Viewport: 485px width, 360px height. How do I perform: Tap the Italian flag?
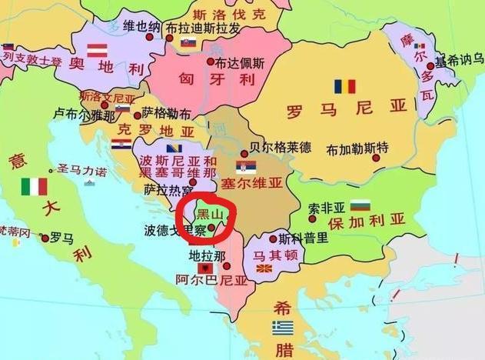[34, 186]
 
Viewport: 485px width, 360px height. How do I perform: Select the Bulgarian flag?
[360, 205]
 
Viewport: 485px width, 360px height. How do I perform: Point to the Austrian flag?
[96, 51]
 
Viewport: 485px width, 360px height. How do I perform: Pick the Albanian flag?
[206, 267]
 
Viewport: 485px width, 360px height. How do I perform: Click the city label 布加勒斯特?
[357, 148]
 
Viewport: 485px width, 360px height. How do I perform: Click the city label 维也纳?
[142, 25]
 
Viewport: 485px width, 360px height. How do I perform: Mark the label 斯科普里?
[304, 238]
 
